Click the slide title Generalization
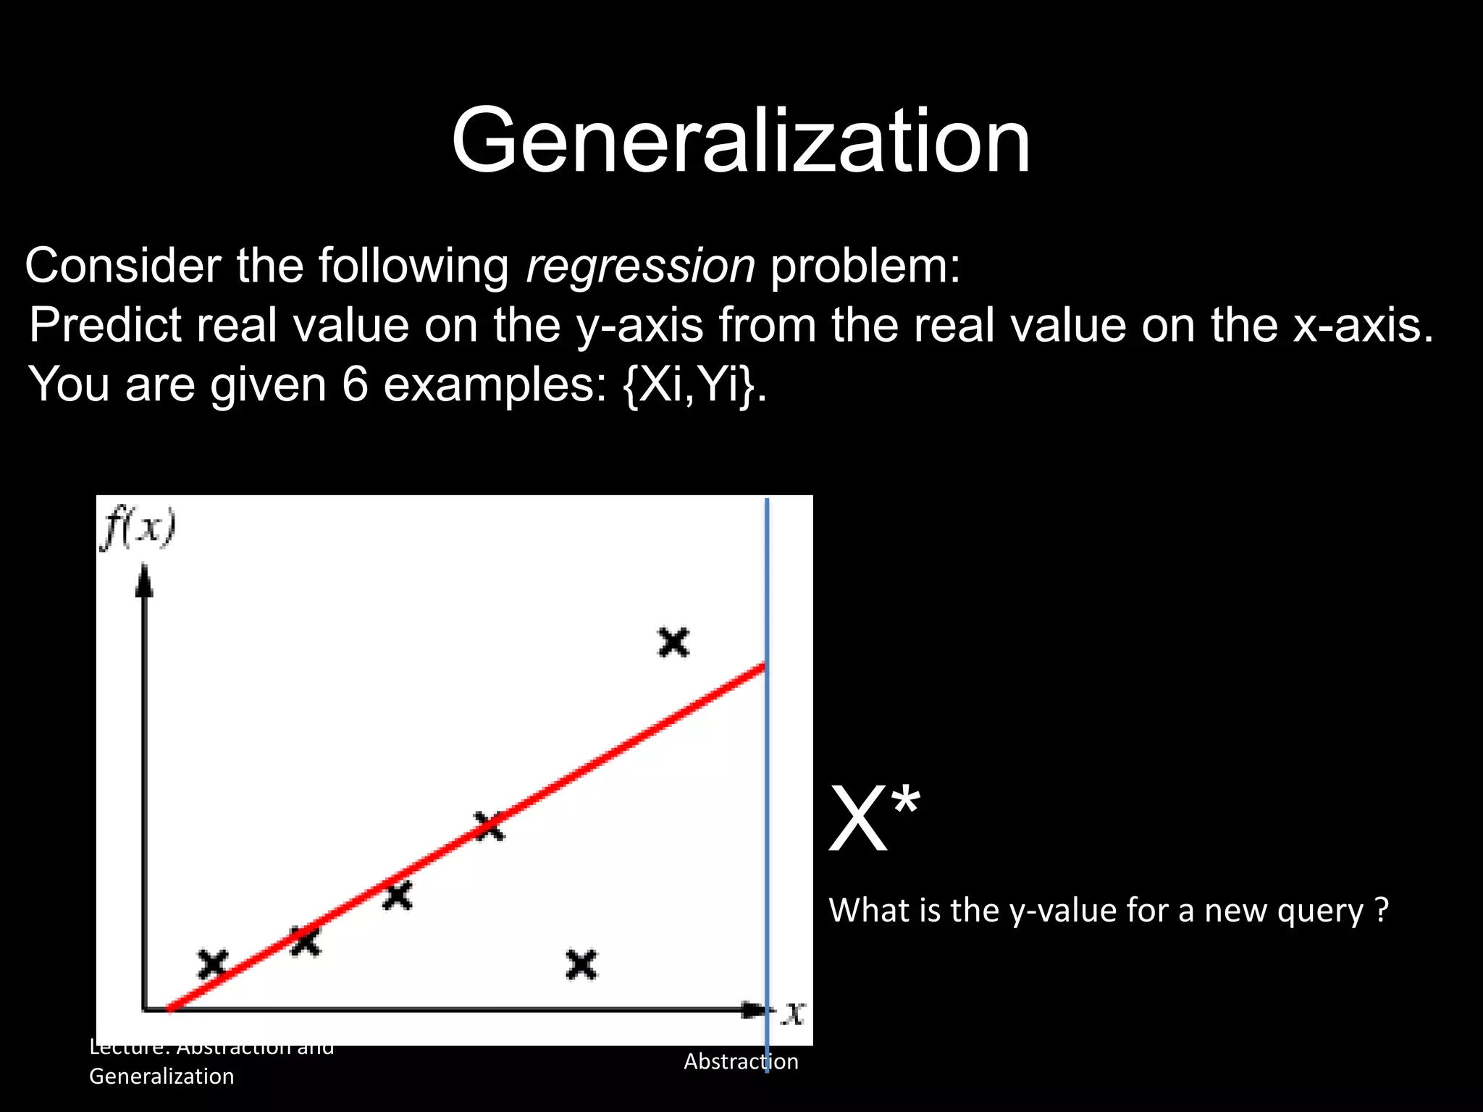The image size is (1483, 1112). [x=740, y=141]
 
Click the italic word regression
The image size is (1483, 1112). [x=640, y=266]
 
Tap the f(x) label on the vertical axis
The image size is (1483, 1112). [x=138, y=528]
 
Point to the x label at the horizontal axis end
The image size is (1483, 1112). [x=794, y=1013]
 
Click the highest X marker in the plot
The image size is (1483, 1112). [x=673, y=642]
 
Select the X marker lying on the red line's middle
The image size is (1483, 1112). [x=490, y=826]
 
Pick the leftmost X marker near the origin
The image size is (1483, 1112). [x=213, y=964]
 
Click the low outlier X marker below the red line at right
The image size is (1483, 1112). [x=581, y=965]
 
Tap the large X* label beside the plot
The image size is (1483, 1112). [x=874, y=820]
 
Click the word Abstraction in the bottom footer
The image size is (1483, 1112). [x=741, y=1061]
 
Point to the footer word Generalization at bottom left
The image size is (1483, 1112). [x=161, y=1077]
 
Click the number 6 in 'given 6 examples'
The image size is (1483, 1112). [x=355, y=384]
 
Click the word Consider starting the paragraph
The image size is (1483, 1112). [x=123, y=266]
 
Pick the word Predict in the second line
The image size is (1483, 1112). [x=106, y=325]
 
